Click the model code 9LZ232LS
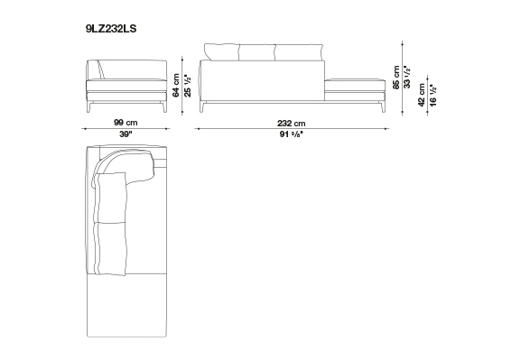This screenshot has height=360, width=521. point(111,29)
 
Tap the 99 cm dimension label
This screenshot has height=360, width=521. point(126,123)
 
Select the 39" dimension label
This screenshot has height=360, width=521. point(126,134)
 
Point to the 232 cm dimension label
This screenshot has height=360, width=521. point(292,124)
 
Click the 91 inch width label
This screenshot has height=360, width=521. point(292,134)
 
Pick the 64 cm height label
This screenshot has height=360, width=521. point(176,86)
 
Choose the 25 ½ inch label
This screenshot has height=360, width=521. point(188,86)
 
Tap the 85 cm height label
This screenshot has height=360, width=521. point(396,77)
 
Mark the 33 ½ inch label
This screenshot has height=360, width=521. point(407,77)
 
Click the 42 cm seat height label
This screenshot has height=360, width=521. point(422,95)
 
